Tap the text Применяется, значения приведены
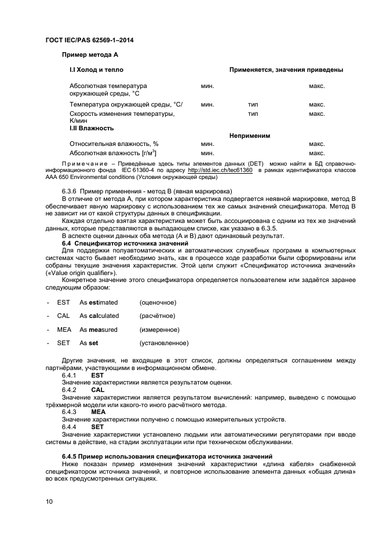tap(286, 69)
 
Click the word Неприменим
tap(250, 135)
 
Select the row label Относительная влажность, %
tap(114, 144)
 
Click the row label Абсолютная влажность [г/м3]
tap(113, 153)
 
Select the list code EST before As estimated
tap(63, 302)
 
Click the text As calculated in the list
tap(99, 316)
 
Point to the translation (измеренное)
tap(159, 329)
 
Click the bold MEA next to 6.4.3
tap(99, 412)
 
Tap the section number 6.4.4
tap(70, 427)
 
